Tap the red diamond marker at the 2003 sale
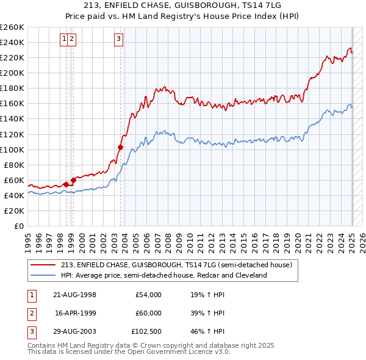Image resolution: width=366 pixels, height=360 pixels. (x=120, y=147)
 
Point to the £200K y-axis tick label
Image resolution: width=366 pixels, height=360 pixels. (x=12, y=73)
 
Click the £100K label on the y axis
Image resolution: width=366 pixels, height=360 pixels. (x=12, y=149)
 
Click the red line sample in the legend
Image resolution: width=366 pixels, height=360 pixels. (x=43, y=265)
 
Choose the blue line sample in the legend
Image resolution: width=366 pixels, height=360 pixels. (x=43, y=276)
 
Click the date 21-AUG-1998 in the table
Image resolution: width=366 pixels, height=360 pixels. (x=76, y=295)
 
